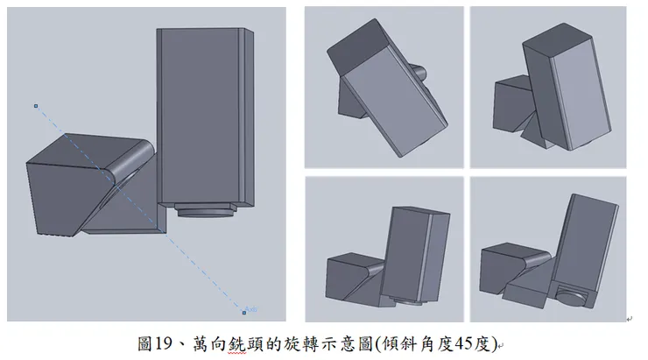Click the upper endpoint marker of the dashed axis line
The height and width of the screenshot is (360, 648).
[x=36, y=107]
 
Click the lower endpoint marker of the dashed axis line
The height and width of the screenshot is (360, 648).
[x=244, y=311]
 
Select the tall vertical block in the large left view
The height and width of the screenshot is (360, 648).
[x=204, y=114]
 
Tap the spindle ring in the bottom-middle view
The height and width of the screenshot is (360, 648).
[x=405, y=300]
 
